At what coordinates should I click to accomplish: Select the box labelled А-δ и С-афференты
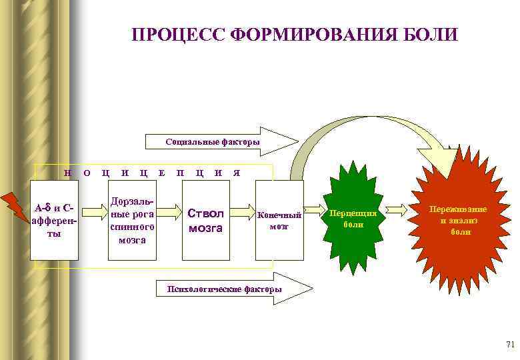click(55, 220)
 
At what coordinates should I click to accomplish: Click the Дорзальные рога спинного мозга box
click(133, 220)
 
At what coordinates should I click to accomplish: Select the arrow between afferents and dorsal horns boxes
click(94, 212)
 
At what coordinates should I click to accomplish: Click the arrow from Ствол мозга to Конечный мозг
click(243, 212)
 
